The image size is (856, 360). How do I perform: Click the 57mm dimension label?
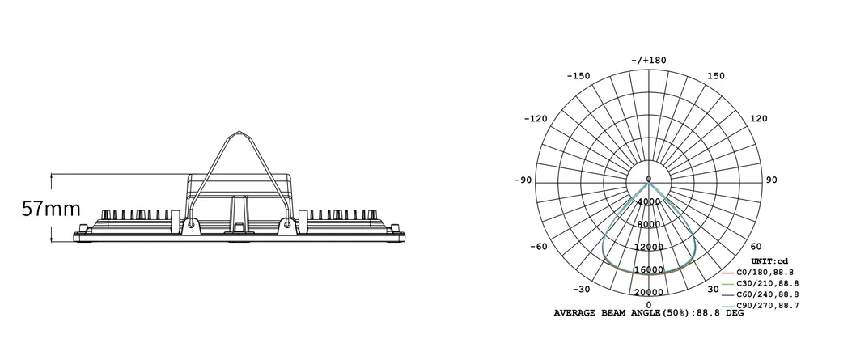coord(51,209)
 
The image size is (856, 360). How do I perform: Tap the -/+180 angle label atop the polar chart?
coord(648,60)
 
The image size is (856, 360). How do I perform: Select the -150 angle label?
coord(578,76)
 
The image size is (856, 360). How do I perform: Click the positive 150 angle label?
coord(717,76)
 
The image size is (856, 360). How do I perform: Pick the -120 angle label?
coord(536,119)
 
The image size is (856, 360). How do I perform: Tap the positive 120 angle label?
coord(758,119)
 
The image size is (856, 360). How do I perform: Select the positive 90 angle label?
coord(771,180)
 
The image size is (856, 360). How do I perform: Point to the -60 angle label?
coord(537,247)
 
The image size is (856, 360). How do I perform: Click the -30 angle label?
coord(579,290)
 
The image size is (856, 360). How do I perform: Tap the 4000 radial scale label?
coord(649,202)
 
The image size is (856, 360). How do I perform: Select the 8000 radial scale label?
coord(649,225)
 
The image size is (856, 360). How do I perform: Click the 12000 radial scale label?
coord(649,248)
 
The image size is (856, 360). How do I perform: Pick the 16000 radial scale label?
coord(649,270)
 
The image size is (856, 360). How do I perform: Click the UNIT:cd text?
coord(769,260)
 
